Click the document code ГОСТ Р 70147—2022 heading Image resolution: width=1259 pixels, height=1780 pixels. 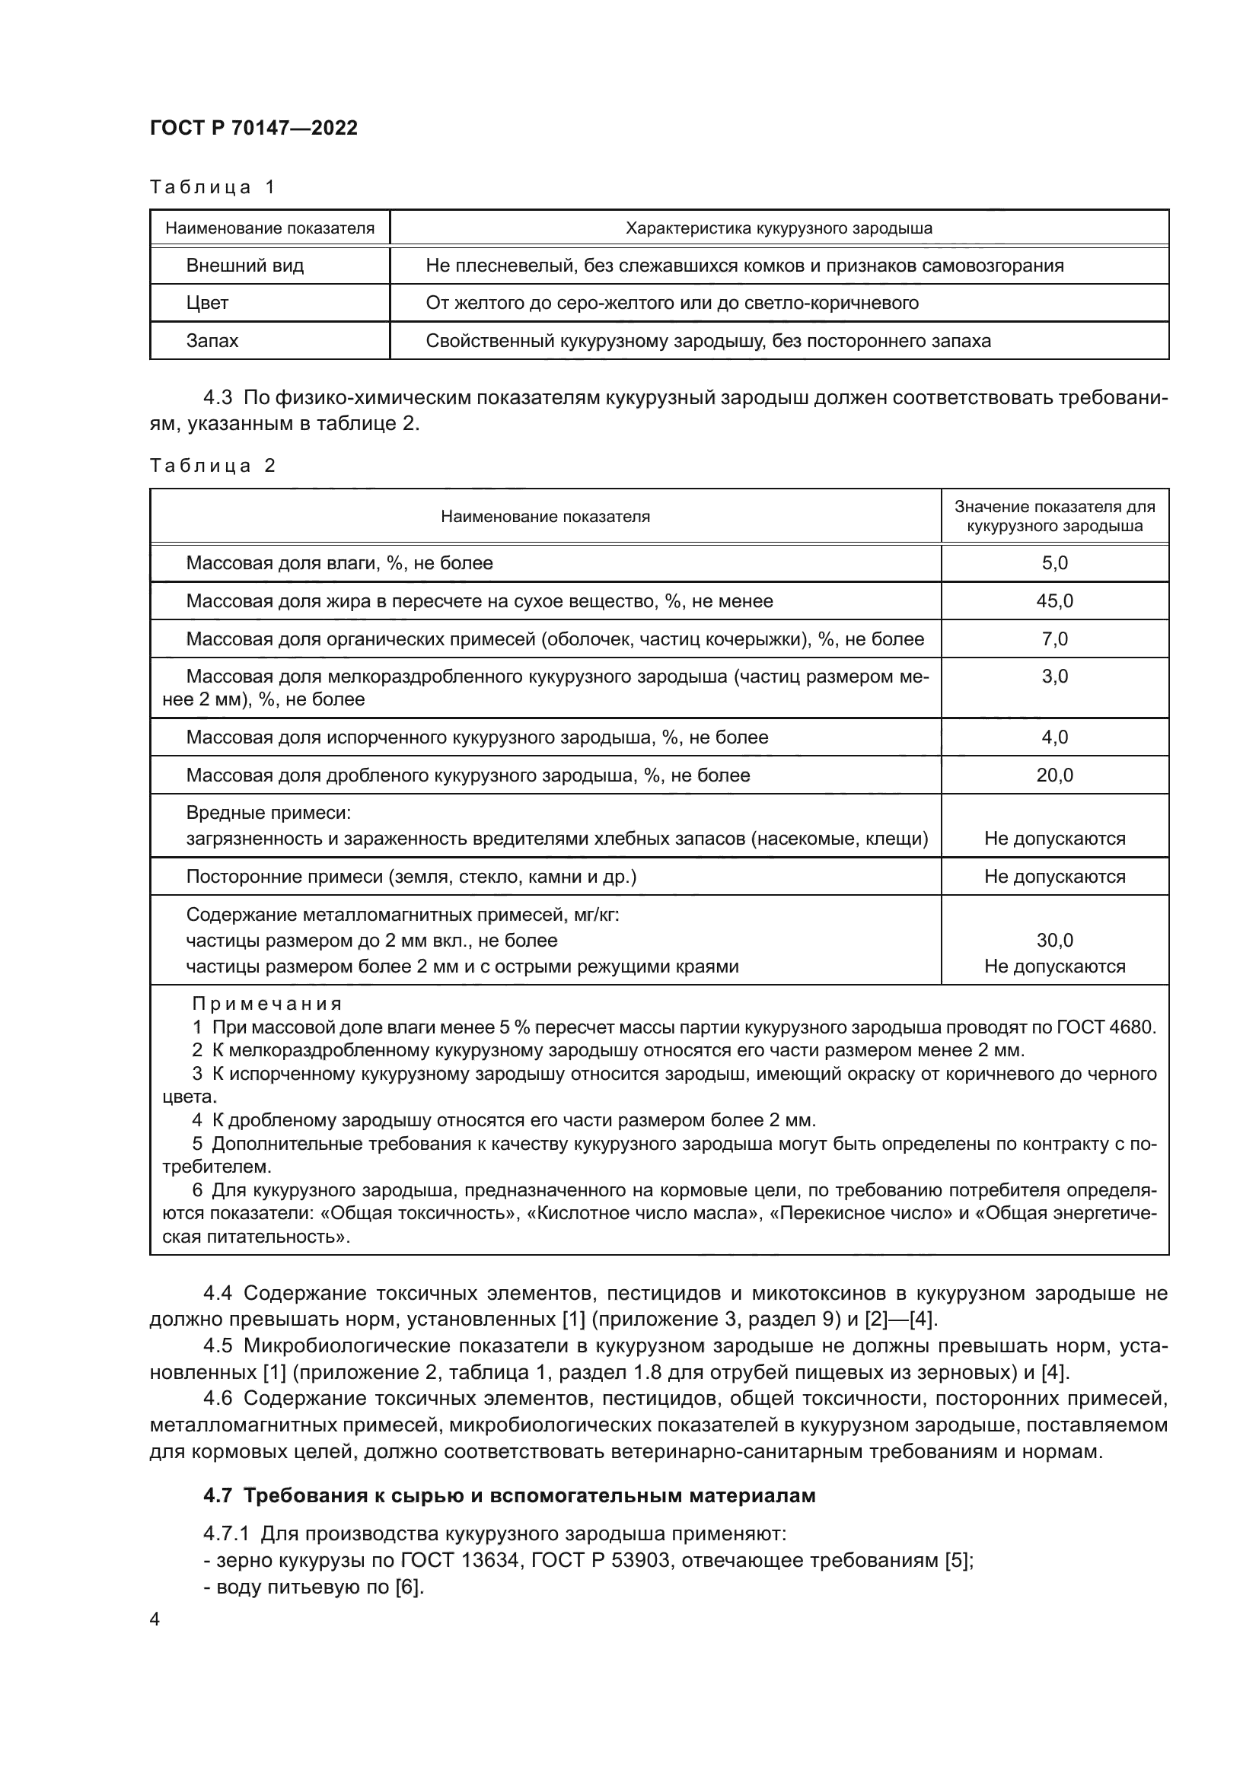[x=253, y=128]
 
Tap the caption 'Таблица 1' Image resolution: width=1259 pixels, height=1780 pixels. [x=212, y=187]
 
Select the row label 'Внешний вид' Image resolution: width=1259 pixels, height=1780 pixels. [x=244, y=266]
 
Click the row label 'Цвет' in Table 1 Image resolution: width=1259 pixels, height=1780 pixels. [x=207, y=303]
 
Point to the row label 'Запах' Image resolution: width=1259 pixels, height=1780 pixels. [x=212, y=341]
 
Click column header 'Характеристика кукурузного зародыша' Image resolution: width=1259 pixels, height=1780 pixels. [x=779, y=229]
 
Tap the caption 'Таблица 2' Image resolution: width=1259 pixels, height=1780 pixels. [x=212, y=466]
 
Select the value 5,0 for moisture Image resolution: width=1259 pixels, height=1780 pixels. [x=1054, y=564]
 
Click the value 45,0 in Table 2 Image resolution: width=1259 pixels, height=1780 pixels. [x=1054, y=602]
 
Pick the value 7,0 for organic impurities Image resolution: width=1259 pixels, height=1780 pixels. [x=1054, y=639]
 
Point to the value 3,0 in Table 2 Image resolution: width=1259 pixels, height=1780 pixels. [x=1054, y=677]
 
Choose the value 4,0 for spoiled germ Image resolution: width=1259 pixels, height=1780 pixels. [x=1054, y=737]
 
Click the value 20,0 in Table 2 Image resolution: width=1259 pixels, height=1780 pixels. [x=1054, y=775]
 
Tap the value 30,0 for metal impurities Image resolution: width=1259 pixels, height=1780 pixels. [x=1054, y=941]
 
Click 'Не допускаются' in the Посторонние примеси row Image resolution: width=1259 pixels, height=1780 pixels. [x=1054, y=877]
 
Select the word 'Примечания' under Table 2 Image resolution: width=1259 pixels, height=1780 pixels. [x=266, y=1004]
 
